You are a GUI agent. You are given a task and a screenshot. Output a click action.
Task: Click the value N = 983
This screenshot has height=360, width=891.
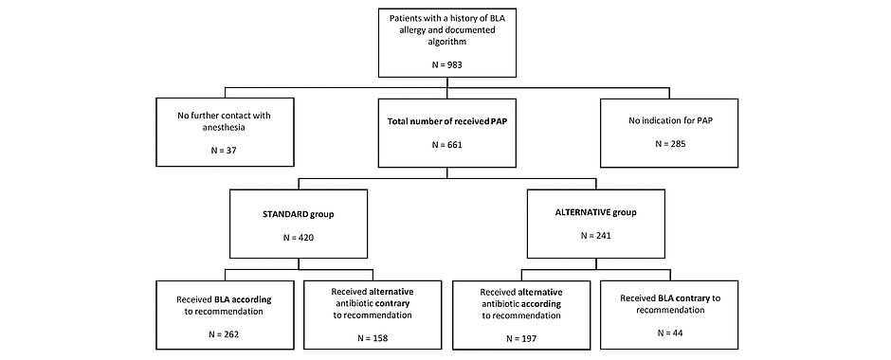click(445, 64)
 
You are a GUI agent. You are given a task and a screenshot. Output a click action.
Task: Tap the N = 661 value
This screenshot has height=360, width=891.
click(445, 146)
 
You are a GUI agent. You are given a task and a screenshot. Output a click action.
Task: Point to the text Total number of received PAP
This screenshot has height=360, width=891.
click(445, 122)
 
